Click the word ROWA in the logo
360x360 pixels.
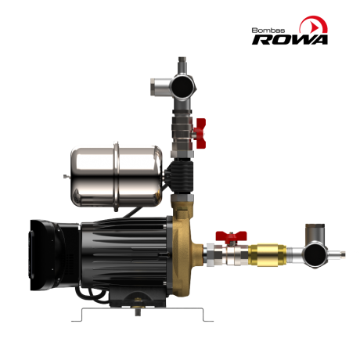(x=290, y=39)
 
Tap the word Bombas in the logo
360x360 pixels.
(x=268, y=31)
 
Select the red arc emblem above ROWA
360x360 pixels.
(x=314, y=24)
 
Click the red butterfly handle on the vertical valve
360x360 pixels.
(x=200, y=133)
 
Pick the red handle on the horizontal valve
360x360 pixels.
(x=231, y=235)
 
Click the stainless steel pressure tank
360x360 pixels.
(x=117, y=177)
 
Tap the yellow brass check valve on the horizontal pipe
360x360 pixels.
(x=267, y=255)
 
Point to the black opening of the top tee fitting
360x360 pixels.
(x=183, y=87)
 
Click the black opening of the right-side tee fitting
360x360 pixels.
(x=316, y=255)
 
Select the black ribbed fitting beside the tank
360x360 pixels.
(x=181, y=175)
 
